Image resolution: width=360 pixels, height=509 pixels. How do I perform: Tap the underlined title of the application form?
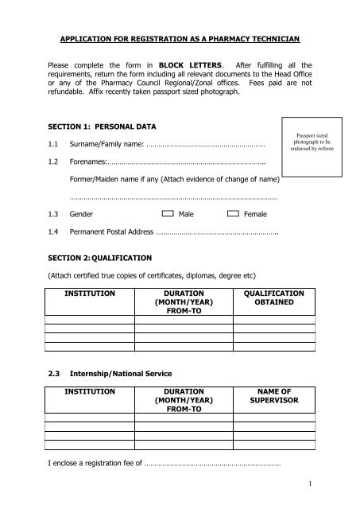pos(180,37)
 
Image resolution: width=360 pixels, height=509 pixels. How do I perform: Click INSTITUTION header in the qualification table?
pos(88,293)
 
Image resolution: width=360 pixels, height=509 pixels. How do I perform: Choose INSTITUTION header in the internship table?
pos(88,391)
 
